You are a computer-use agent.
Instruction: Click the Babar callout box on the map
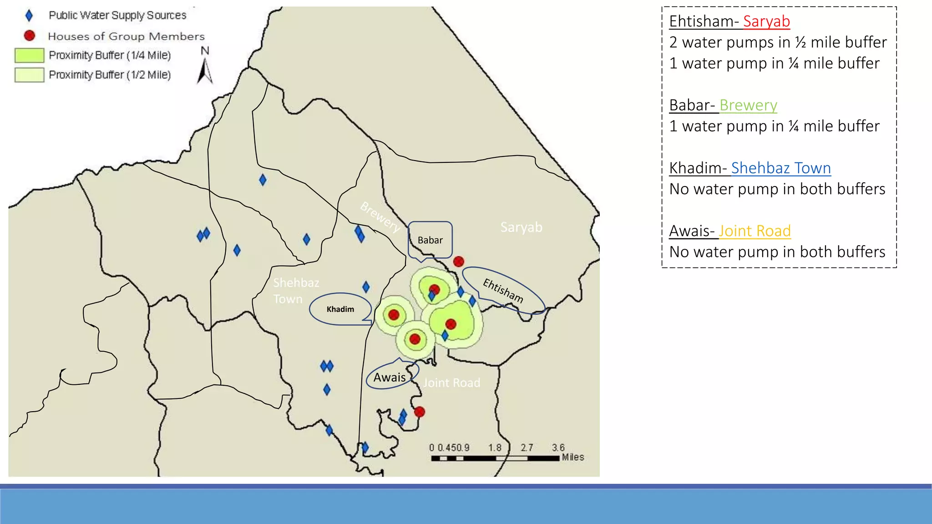point(430,240)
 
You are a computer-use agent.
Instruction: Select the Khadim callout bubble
point(340,309)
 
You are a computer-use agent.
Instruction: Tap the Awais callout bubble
point(390,377)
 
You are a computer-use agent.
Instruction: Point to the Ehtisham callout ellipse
point(503,290)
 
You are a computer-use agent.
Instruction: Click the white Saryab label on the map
point(521,227)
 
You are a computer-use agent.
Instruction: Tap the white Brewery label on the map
point(380,217)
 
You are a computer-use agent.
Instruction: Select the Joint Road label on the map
point(451,383)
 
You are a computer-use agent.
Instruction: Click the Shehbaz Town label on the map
point(296,291)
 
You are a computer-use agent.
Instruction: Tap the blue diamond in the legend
point(29,16)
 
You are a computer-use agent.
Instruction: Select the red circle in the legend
point(30,35)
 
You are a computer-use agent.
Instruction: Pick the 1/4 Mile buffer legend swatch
point(30,55)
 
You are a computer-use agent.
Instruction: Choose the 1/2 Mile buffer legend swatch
point(30,75)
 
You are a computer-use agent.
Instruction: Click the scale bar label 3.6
point(558,448)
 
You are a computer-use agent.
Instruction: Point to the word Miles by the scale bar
point(572,457)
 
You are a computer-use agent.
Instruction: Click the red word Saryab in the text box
point(766,21)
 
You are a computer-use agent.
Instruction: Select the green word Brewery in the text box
point(748,105)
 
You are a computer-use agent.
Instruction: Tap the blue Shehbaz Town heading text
point(781,168)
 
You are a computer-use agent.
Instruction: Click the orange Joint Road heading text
point(755,231)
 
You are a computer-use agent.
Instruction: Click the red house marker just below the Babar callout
point(459,262)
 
